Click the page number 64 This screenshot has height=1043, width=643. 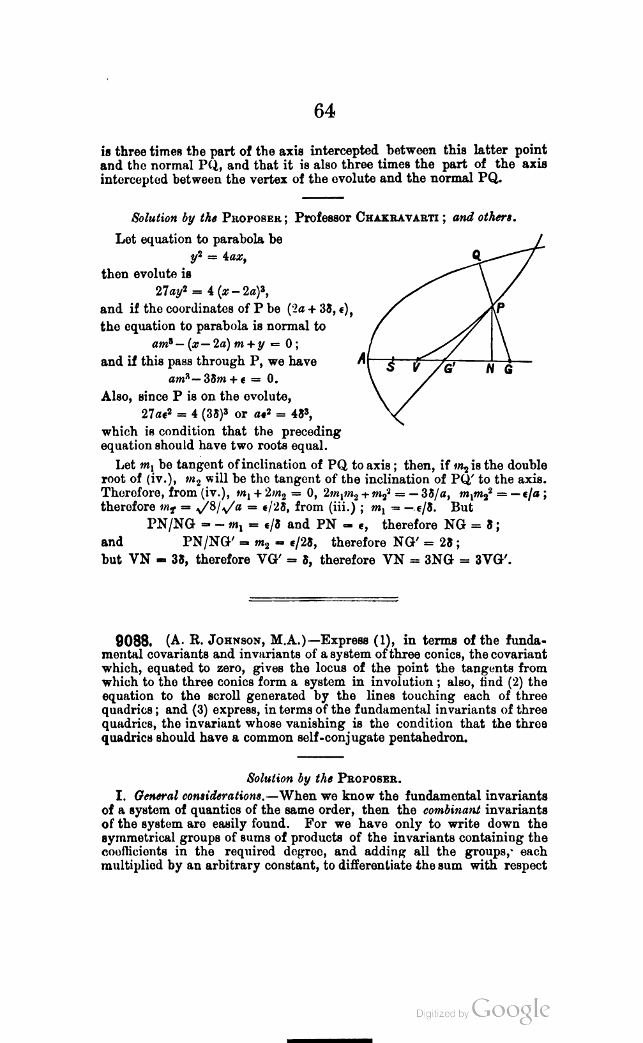click(324, 112)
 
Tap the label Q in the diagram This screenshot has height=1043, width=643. click(476, 255)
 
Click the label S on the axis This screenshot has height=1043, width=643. click(392, 368)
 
